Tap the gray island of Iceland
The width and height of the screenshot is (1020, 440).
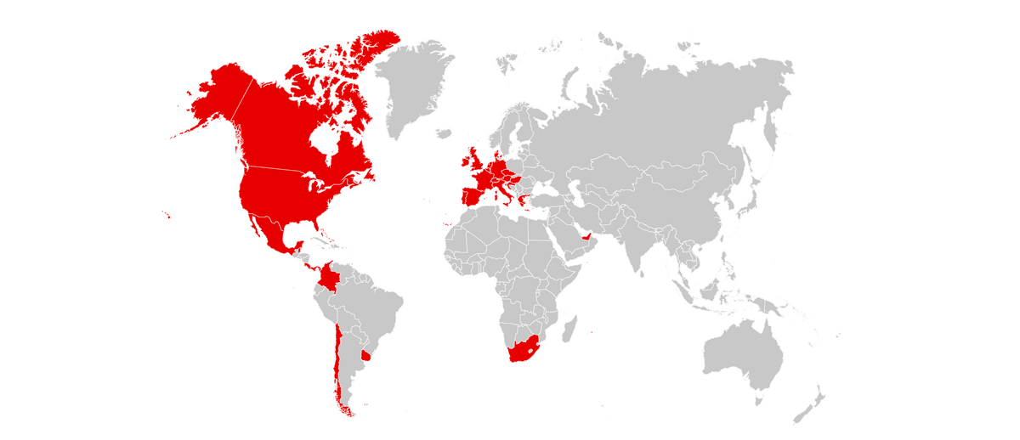tap(444, 133)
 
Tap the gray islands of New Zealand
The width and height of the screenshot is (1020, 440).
tap(812, 403)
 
